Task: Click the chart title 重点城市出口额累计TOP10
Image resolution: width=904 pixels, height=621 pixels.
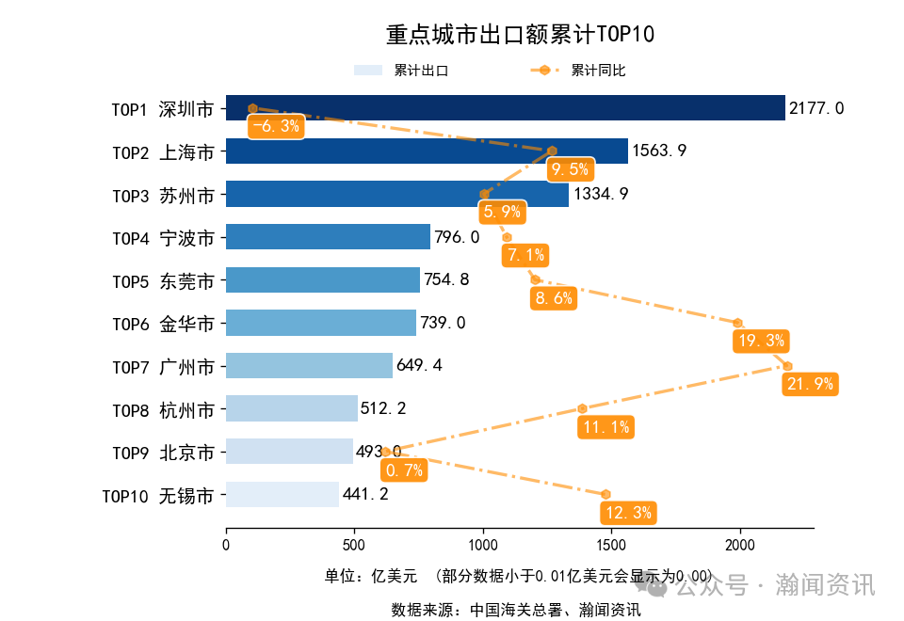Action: [520, 35]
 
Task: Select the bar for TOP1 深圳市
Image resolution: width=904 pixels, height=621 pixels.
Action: [505, 108]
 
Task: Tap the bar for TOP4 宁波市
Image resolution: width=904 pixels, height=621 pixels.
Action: [328, 237]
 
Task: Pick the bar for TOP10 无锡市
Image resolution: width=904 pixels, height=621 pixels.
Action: [282, 495]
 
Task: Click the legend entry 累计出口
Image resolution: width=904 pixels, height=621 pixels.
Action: [401, 71]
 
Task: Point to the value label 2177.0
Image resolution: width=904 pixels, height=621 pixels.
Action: [816, 108]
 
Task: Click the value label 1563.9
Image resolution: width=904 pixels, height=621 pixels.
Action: [659, 151]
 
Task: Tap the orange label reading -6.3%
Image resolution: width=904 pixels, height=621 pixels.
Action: [275, 126]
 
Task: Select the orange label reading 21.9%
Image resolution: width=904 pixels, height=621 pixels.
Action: [809, 384]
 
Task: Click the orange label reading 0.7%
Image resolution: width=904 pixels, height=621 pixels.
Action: [404, 470]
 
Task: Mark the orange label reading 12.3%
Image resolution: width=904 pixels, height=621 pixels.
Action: [627, 513]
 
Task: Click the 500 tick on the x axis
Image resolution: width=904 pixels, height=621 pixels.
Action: [354, 545]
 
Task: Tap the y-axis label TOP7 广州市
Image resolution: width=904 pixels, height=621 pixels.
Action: [163, 366]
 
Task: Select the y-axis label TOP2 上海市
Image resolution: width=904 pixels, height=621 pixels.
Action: [163, 151]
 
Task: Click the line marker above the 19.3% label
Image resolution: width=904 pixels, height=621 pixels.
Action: [738, 323]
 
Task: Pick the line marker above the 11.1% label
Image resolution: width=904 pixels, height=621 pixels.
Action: [582, 408]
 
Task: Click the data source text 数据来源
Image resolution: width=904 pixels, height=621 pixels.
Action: [516, 610]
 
